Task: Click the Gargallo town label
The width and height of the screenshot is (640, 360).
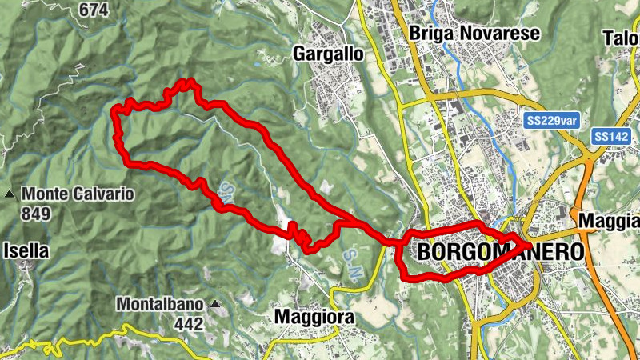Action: [328, 54]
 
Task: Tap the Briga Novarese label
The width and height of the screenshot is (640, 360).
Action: [474, 33]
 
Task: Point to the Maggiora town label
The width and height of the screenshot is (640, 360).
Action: [314, 318]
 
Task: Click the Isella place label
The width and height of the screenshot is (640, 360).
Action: [26, 250]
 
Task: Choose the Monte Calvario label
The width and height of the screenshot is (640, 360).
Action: [78, 194]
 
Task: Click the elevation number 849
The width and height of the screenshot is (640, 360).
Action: [37, 214]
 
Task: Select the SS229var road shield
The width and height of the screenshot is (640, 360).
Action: [553, 120]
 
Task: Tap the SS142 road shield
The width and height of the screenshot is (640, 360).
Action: [612, 138]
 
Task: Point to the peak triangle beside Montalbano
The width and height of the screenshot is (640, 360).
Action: [214, 305]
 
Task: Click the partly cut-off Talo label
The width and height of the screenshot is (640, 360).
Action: [622, 38]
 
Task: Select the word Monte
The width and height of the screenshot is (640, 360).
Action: [46, 194]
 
